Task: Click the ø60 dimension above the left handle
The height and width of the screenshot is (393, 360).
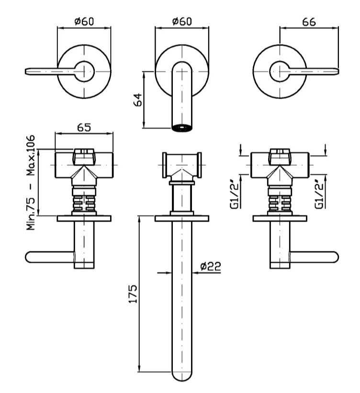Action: point(84,21)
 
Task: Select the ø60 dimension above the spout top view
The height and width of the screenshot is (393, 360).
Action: point(182,21)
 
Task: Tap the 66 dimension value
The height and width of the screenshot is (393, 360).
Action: point(309,21)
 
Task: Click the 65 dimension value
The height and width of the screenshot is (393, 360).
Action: point(85,127)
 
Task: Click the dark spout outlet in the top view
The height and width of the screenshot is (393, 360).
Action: point(182,128)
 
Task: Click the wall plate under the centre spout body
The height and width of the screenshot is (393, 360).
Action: point(182,219)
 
